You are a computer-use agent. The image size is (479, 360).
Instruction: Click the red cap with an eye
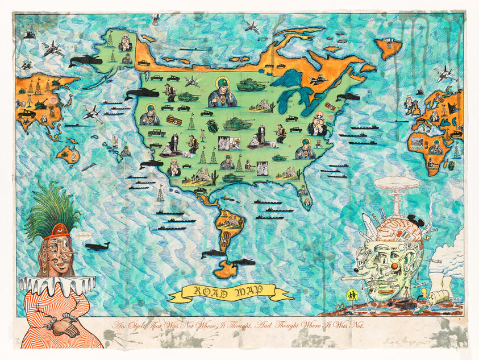[60, 230]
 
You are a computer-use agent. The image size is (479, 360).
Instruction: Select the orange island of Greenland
[389, 49]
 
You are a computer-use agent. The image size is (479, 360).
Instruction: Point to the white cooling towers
[440, 281]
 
